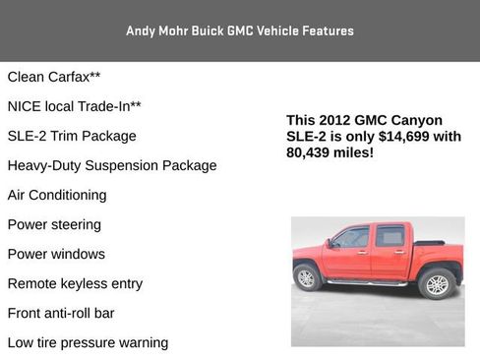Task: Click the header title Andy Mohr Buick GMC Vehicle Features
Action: [240, 30]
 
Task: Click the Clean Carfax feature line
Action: [54, 77]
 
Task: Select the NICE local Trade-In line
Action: [74, 106]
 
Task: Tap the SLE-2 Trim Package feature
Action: [72, 136]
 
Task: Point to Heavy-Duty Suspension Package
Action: [112, 165]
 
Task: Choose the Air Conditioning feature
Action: [57, 195]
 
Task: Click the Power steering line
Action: [54, 224]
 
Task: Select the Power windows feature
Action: [56, 254]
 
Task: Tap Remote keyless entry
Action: [75, 283]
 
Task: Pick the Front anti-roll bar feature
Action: [61, 313]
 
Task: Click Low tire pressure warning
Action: [88, 342]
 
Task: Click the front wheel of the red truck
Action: [307, 278]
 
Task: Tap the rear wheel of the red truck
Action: [436, 284]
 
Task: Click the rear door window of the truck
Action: [390, 237]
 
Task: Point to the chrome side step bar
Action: [367, 283]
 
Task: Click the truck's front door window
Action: [353, 238]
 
